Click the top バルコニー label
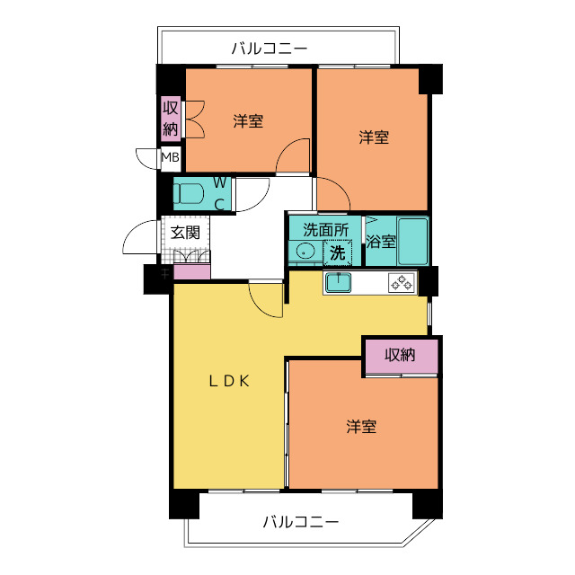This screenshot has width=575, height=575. coord(270,48)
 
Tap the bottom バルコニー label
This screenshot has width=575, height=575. coord(301,522)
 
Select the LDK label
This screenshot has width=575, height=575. coord(228,381)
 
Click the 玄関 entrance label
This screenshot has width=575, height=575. coord(185,232)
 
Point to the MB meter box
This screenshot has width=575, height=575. coord(170,160)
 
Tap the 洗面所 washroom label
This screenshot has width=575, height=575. coord(324,229)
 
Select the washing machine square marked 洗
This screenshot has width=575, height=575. coord(337,252)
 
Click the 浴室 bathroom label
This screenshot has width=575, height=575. coord(381,242)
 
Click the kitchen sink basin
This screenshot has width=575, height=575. coord(338,283)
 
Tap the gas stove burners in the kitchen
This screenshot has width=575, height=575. coord(402,283)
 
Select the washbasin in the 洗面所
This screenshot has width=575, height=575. coord(305,252)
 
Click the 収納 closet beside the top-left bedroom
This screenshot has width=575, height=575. coord(171,118)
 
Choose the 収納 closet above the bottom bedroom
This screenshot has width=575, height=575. coord(401,355)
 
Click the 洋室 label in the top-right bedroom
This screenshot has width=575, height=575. coord(374,137)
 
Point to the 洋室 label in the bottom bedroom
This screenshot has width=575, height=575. coord(361,427)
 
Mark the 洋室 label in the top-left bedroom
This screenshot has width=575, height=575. coord(248,120)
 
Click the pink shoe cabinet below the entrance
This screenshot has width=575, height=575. coord(191,271)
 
